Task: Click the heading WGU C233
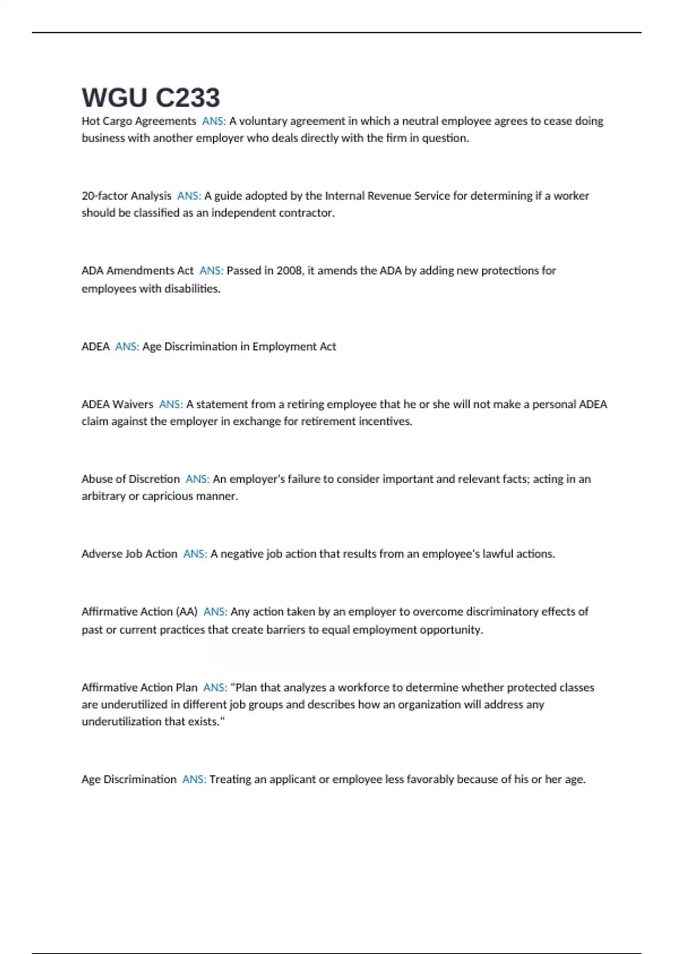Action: (x=151, y=98)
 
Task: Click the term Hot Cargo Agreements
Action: (x=139, y=121)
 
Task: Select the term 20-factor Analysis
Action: (x=126, y=196)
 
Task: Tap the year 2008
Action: (x=289, y=270)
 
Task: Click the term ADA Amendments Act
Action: (x=138, y=270)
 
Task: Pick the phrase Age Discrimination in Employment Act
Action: (x=239, y=347)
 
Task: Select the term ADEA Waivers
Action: (x=117, y=405)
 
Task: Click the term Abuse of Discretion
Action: (x=130, y=479)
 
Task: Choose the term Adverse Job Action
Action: (x=129, y=554)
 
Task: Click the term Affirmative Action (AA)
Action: (x=139, y=612)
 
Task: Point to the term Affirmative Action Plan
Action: (x=139, y=687)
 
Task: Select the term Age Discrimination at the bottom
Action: (x=129, y=779)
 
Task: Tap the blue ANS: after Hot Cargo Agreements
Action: (x=213, y=121)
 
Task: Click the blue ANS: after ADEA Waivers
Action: (x=171, y=405)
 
